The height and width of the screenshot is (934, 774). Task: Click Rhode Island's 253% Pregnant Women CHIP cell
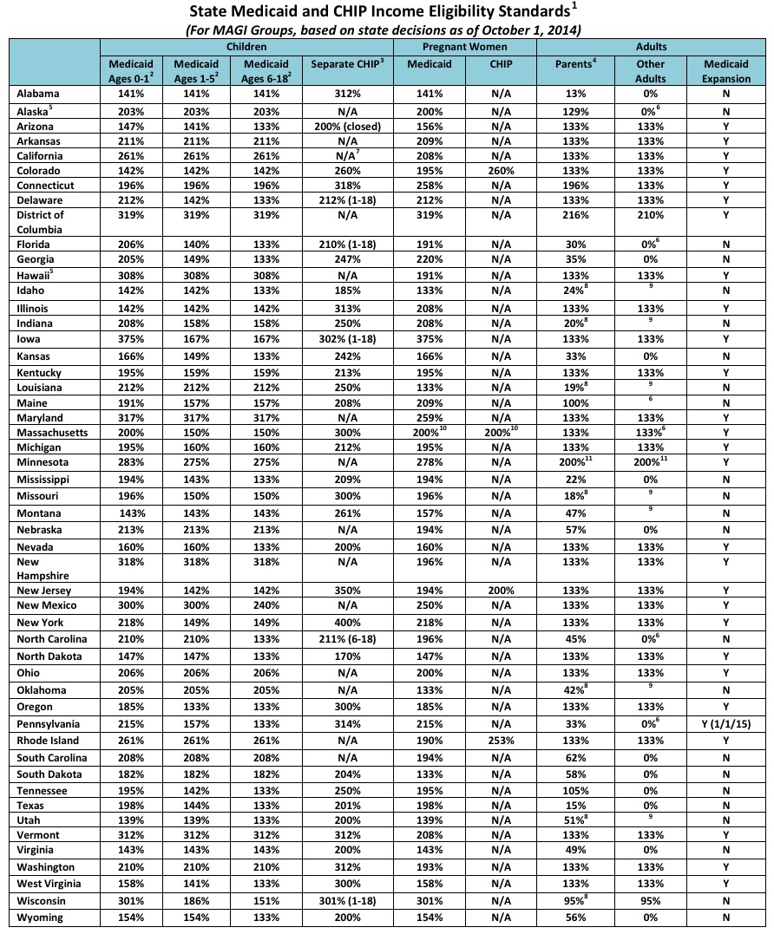click(502, 741)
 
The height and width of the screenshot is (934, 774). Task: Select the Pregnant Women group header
click(464, 46)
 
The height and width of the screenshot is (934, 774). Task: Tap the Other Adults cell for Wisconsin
click(651, 900)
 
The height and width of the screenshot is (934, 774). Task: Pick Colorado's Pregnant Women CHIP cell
click(502, 171)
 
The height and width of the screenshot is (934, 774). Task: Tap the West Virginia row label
click(51, 884)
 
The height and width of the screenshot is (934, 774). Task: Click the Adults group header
click(651, 46)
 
